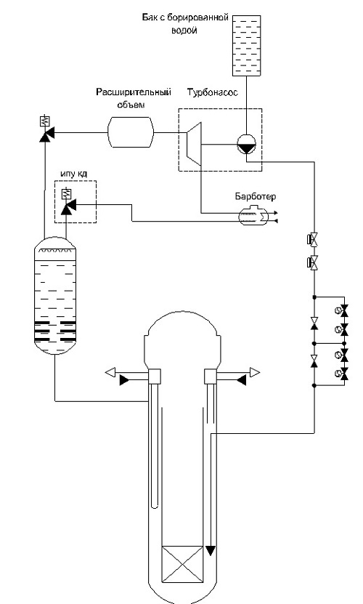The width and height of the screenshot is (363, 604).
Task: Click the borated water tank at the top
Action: click(246, 46)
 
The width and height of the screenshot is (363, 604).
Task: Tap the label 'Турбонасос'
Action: click(212, 93)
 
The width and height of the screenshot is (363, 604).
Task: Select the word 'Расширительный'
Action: click(133, 92)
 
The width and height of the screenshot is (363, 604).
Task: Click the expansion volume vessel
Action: click(131, 132)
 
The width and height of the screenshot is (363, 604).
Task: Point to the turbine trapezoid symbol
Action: click(194, 144)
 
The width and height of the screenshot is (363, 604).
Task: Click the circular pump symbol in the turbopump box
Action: click(246, 145)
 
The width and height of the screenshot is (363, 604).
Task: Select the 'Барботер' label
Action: click(256, 196)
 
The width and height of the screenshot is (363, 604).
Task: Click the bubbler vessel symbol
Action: click(252, 216)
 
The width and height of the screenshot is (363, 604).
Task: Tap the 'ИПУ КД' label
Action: click(73, 174)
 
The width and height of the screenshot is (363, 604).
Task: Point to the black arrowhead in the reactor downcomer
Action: click(211, 550)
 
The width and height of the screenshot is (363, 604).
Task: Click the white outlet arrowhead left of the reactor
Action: click(110, 372)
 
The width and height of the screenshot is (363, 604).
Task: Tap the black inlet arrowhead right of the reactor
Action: click(241, 380)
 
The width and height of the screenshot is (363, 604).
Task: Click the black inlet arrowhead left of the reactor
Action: click(125, 381)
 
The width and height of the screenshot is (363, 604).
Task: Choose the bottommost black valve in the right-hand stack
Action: click(345, 374)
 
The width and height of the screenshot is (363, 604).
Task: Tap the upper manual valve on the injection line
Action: click(314, 240)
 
